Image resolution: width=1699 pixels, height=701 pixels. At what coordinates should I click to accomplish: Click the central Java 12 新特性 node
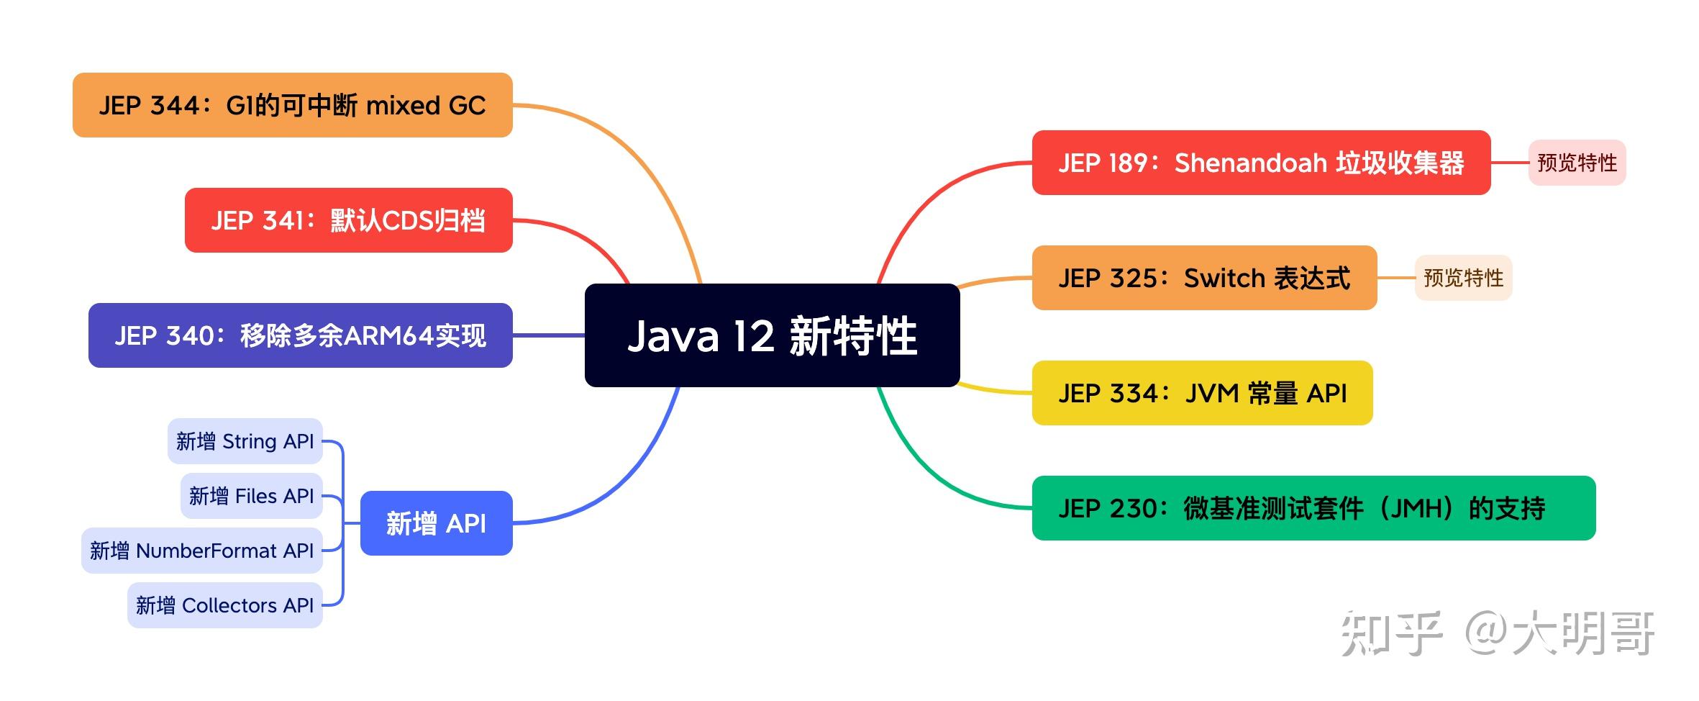772,335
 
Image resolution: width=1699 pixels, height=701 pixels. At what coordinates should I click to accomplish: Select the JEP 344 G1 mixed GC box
292,105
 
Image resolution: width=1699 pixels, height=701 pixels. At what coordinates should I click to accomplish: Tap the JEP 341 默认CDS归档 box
348,220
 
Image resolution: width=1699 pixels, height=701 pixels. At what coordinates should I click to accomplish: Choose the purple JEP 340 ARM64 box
300,335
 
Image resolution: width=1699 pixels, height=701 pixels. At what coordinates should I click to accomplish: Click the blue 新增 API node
436,523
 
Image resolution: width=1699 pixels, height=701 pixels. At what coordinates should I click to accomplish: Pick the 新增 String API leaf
245,441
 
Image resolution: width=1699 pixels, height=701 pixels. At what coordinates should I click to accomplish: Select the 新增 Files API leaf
251,496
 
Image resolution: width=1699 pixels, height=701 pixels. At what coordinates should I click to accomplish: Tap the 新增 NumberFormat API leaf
201,551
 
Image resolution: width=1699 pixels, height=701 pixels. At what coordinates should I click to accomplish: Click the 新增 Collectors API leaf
224,605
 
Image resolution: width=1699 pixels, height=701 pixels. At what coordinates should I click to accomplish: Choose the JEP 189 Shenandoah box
1260,163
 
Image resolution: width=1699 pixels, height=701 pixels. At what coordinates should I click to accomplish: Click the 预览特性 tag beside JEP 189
1577,163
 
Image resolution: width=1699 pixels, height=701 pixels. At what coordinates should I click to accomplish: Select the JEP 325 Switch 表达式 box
1203,278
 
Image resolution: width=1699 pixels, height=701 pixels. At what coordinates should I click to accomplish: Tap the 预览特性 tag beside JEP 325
1463,278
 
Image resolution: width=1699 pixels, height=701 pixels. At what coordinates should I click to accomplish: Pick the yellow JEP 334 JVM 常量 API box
1202,393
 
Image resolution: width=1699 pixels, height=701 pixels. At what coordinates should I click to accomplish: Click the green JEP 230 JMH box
1313,508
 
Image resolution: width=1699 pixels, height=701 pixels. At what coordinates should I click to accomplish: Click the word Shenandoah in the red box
1250,163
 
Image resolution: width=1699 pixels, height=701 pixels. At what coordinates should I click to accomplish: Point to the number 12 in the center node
753,336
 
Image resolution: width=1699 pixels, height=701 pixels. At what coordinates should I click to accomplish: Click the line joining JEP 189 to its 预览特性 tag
1510,163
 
